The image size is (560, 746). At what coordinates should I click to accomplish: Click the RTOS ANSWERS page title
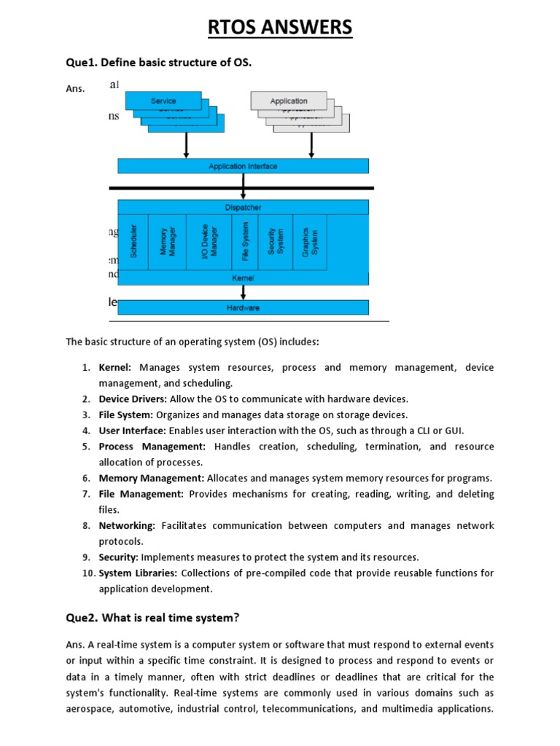280,28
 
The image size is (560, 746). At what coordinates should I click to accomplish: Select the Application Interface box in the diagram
243,166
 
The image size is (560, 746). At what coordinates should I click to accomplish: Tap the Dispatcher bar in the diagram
243,208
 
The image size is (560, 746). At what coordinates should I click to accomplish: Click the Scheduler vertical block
133,242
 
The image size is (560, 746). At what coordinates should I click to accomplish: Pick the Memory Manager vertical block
168,242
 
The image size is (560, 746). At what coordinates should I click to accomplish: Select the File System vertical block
245,242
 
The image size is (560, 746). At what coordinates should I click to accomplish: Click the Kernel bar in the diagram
243,278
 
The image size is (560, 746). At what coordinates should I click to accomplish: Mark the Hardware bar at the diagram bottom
243,307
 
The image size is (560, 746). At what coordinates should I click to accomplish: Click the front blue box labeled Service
163,101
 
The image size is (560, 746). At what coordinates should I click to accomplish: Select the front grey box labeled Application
288,101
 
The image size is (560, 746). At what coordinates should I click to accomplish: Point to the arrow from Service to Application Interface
187,145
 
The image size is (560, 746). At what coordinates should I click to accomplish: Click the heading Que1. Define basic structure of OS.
158,63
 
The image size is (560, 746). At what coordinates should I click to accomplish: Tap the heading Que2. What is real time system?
152,618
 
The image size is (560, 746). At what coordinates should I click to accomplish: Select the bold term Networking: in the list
127,525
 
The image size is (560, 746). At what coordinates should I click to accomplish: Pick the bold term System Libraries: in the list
138,573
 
